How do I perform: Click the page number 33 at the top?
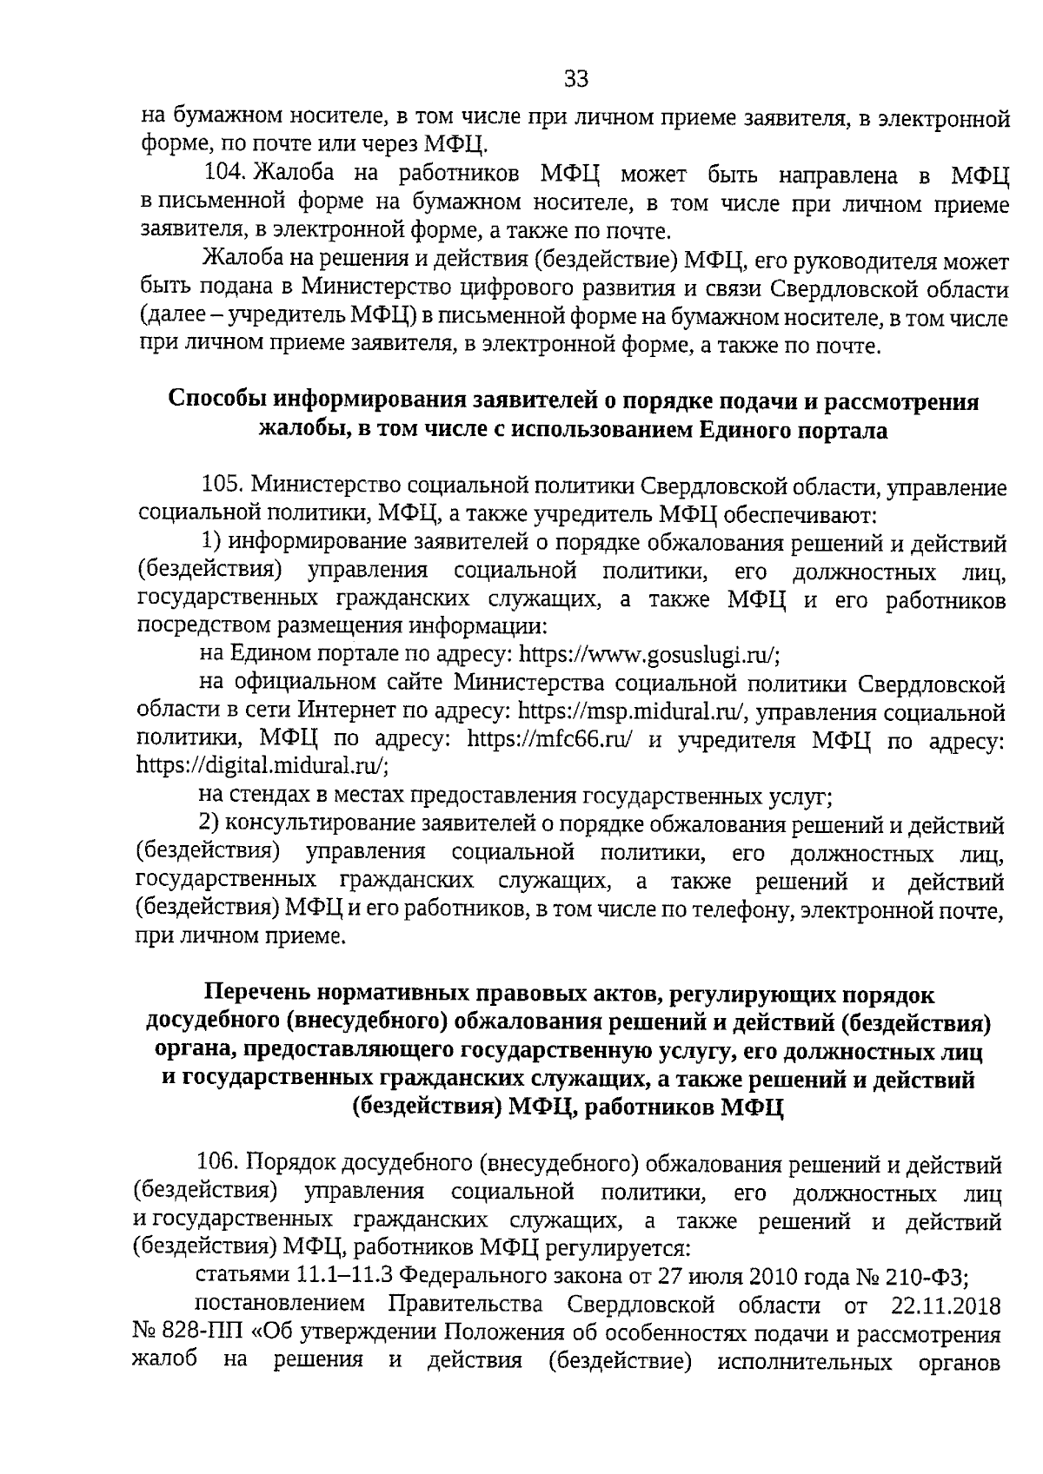pos(576,80)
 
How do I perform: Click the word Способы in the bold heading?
pos(218,402)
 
